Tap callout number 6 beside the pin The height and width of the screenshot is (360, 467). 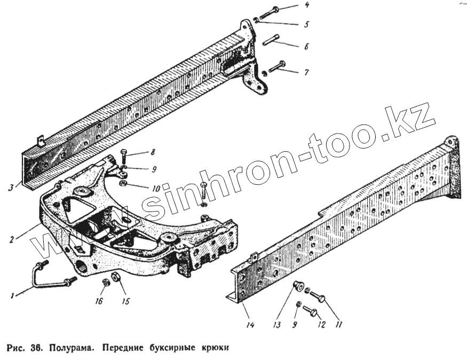pyautogui.click(x=306, y=46)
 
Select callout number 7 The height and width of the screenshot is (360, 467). pyautogui.click(x=306, y=72)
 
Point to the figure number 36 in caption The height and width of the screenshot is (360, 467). pyautogui.click(x=35, y=348)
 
